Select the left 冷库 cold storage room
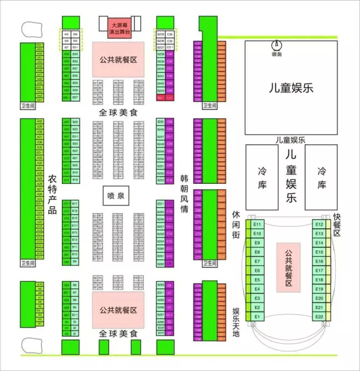262,177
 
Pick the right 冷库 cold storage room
321,177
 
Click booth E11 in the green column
258,224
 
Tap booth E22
319,317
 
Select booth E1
258,317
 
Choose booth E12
319,224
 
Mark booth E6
258,270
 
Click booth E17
319,270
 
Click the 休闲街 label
236,225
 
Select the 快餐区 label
337,225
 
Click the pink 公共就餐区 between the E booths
289,267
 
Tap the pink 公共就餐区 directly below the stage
118,59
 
